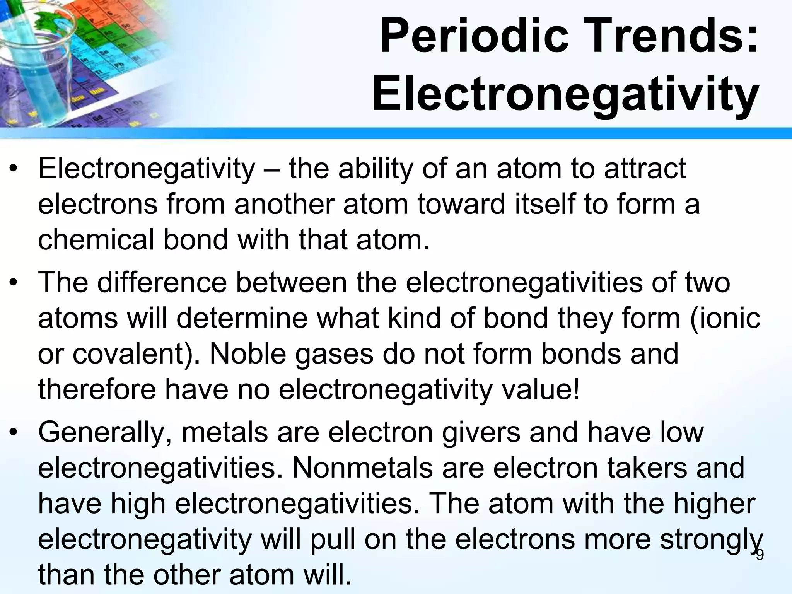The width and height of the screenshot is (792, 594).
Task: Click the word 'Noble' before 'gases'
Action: point(247,354)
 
